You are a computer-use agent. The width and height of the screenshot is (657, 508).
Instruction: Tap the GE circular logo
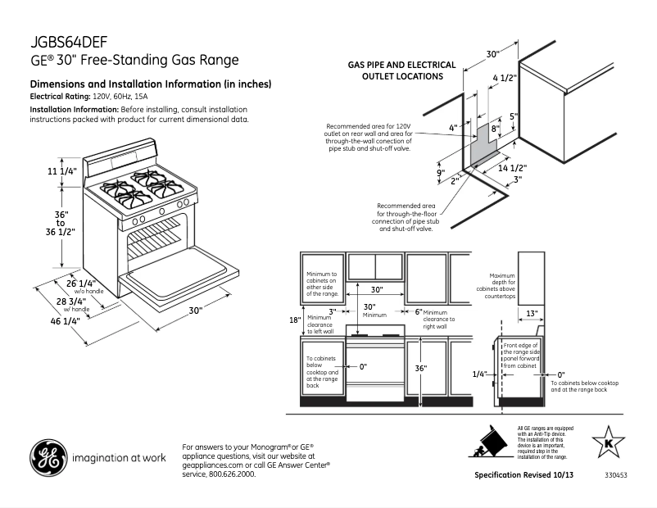coord(48,458)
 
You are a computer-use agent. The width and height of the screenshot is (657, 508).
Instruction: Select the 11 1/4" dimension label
coord(61,171)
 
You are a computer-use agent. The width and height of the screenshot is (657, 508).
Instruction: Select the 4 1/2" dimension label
coord(504,78)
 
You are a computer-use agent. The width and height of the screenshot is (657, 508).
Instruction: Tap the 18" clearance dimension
coord(295,320)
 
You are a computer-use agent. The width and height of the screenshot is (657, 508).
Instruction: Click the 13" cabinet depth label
coord(532,313)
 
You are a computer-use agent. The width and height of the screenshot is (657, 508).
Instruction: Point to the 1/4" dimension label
coord(480,374)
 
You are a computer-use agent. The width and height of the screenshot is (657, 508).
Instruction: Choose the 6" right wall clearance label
coord(418,311)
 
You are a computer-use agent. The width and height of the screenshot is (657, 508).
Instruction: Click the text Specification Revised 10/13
coord(519,475)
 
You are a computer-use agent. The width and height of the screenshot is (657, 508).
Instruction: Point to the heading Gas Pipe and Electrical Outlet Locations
coord(396,70)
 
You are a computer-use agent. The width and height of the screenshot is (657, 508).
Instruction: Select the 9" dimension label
coord(439,173)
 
